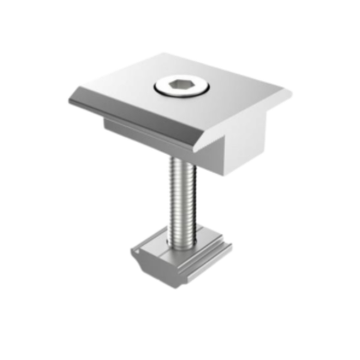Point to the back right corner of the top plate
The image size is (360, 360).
point(291,90)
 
